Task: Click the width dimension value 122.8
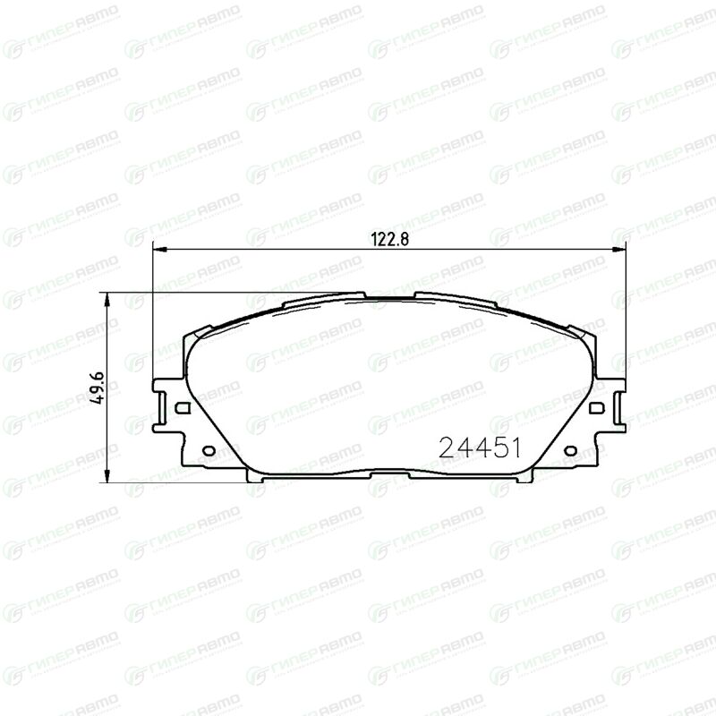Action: [389, 239]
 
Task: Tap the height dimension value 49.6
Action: [98, 388]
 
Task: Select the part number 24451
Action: [480, 447]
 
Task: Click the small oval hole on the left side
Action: [209, 451]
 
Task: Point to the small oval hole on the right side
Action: [570, 451]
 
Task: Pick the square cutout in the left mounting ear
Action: [183, 407]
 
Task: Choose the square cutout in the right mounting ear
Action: [596, 407]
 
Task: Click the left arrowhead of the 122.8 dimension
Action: [158, 250]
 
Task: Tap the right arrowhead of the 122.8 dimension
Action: [619, 250]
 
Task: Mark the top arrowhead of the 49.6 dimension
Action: [107, 299]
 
